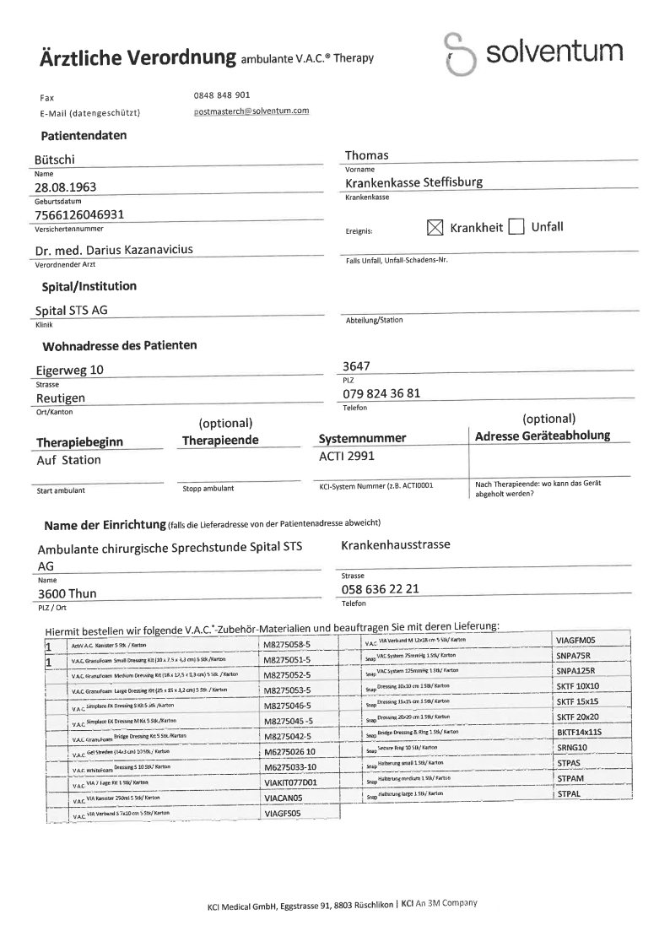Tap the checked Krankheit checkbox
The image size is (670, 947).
click(435, 227)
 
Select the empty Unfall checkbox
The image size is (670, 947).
click(516, 227)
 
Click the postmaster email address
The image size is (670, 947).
click(251, 111)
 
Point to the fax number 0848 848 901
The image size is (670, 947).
click(221, 95)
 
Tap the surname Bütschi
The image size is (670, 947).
click(57, 159)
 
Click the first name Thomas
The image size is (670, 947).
click(367, 155)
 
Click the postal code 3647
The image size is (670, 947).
click(359, 365)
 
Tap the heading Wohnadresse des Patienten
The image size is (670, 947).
click(120, 345)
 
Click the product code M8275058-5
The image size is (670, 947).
click(287, 645)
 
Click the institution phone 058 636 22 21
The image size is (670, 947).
click(381, 588)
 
